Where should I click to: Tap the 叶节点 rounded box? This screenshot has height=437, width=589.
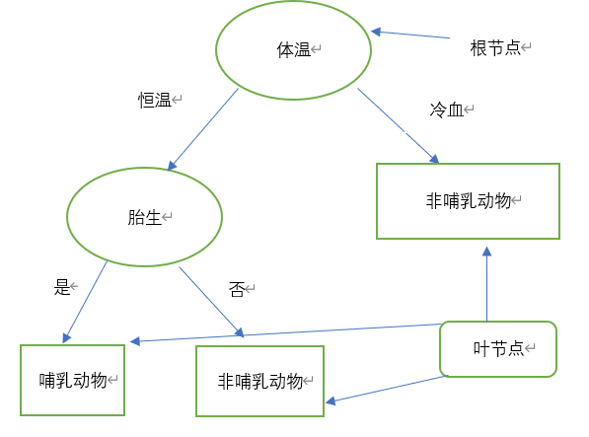498,349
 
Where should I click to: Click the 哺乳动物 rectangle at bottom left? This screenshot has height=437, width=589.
73,380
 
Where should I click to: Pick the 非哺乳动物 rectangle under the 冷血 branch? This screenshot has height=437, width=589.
468,201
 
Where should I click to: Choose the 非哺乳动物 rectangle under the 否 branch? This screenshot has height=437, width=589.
259,381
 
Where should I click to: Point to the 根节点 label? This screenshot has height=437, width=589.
495,47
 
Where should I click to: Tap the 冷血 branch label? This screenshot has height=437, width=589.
446,109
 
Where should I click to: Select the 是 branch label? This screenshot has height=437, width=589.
62,288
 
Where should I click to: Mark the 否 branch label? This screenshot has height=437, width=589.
236,288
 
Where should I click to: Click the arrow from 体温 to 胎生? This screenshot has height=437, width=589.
203,129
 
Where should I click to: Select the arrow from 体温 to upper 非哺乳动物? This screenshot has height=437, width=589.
398,125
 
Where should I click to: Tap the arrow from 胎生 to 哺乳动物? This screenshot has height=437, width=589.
86,302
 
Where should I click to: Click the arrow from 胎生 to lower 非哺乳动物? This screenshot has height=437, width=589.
210,301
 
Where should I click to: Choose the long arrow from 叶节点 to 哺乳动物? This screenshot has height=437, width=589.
286,333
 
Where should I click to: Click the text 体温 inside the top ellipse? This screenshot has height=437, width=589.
293,49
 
